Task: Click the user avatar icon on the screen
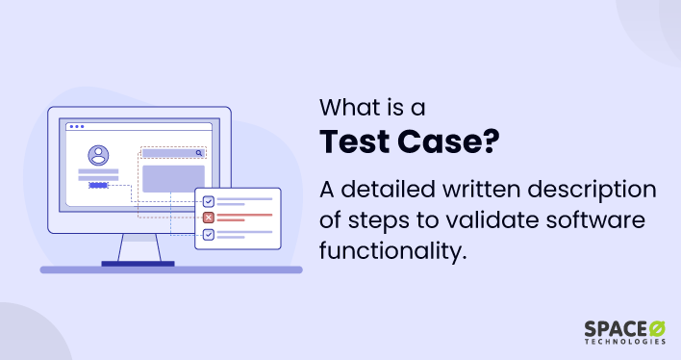click(98, 155)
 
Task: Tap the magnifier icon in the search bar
click(199, 152)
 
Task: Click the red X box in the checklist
click(208, 218)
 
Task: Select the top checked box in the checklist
click(208, 201)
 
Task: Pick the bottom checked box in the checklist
click(208, 234)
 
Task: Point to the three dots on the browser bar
click(76, 126)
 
